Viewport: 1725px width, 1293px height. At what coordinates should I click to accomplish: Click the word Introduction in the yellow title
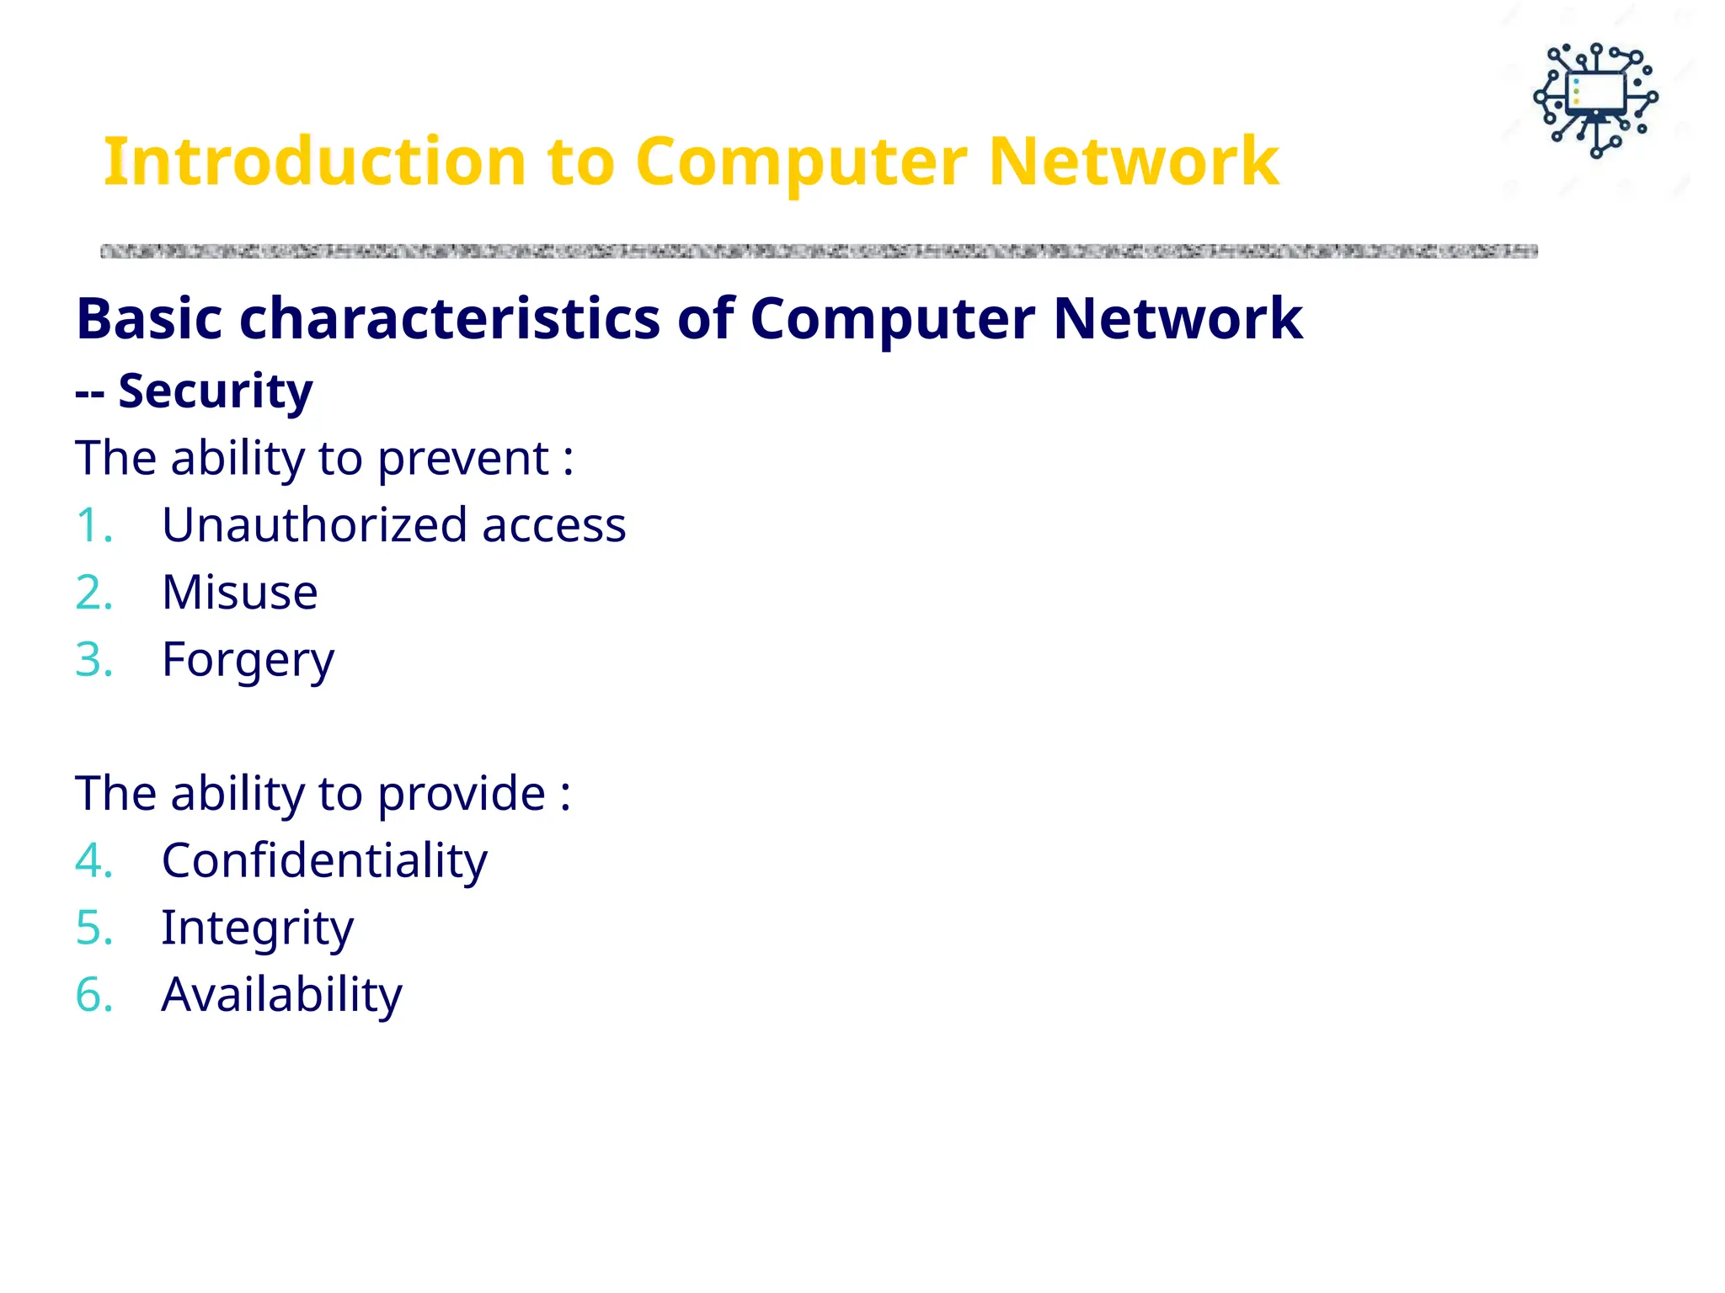coord(314,162)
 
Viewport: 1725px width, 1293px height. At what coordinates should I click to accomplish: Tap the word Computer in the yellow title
coord(801,162)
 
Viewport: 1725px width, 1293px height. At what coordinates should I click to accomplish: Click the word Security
coord(215,391)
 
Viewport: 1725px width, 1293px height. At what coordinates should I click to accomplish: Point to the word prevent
coord(462,460)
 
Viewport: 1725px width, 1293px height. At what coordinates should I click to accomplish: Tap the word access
coord(553,526)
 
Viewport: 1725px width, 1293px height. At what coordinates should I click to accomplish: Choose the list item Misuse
coord(239,593)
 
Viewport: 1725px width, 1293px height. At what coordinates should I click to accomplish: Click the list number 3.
coord(93,660)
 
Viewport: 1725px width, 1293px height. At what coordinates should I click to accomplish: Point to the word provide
coord(461,795)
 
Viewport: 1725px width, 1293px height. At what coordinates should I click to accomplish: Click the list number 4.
coord(93,861)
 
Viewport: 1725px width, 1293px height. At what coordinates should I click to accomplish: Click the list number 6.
coord(93,996)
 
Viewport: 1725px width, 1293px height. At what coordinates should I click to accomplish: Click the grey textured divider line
coord(817,251)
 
